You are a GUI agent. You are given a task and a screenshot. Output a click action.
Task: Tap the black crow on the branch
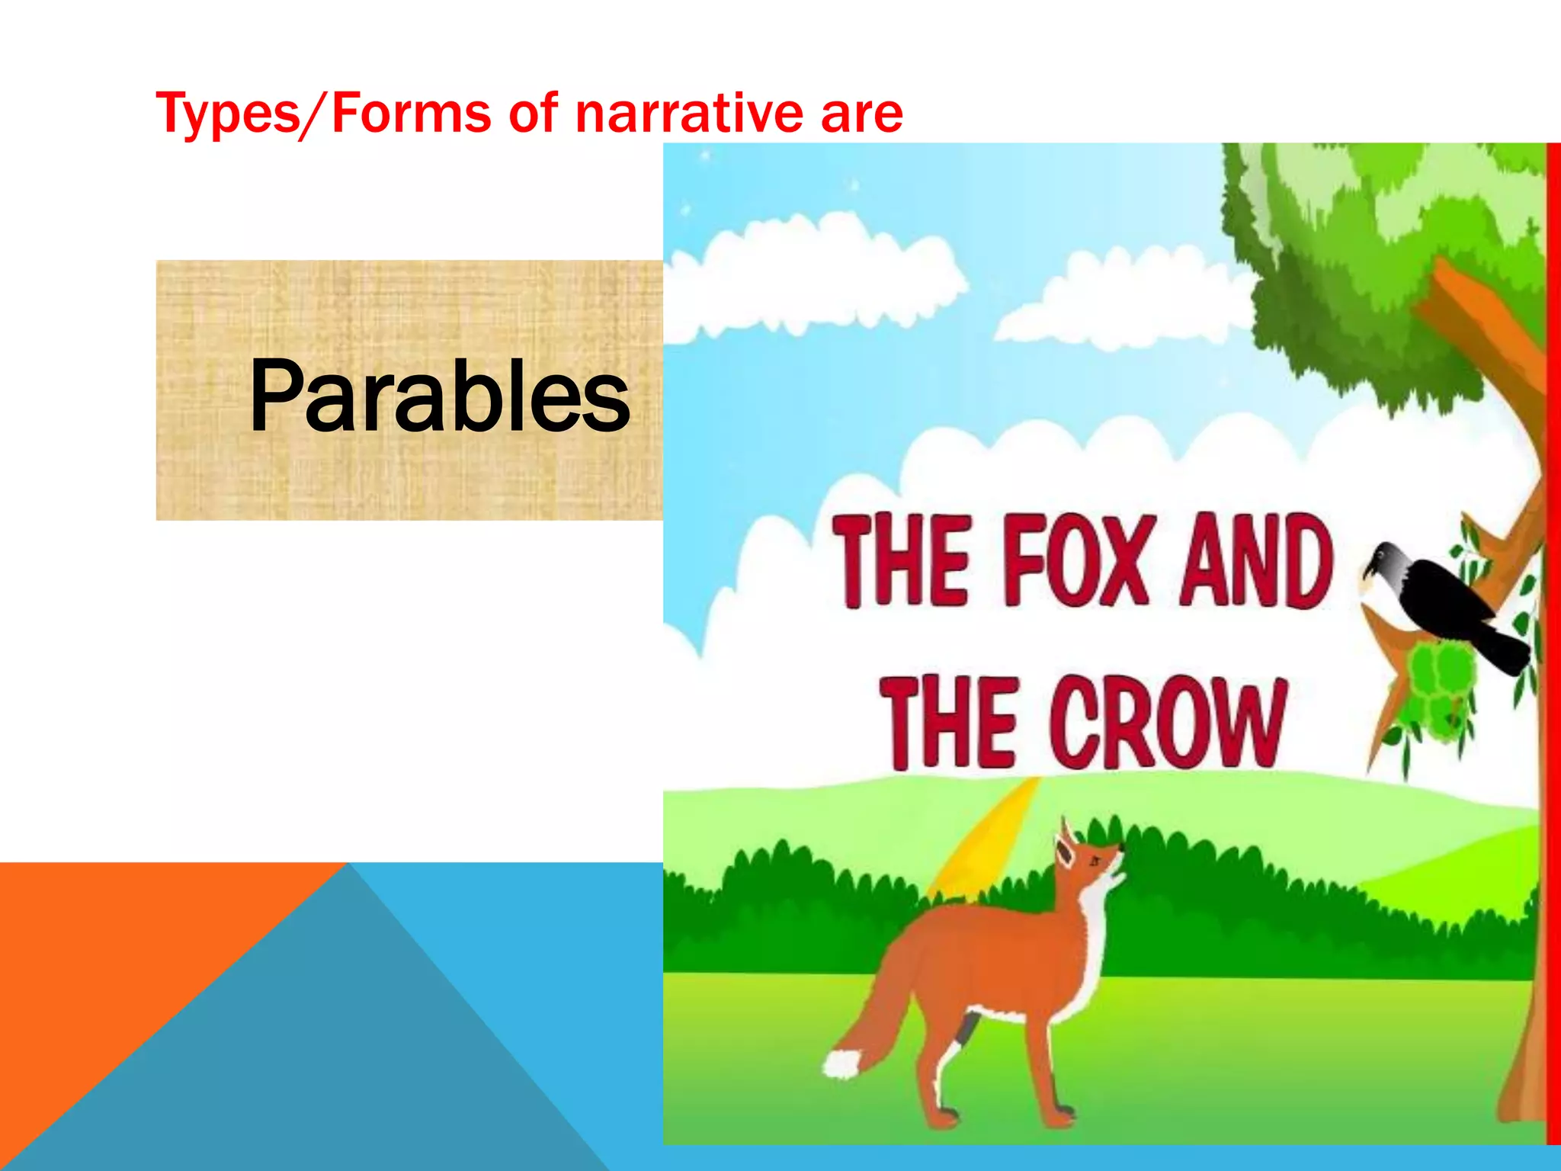1441,602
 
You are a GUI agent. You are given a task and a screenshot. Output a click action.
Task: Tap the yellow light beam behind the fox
983,839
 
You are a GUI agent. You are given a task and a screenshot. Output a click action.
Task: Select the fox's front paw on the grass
1063,1121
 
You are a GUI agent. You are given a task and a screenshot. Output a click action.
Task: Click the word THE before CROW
950,722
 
